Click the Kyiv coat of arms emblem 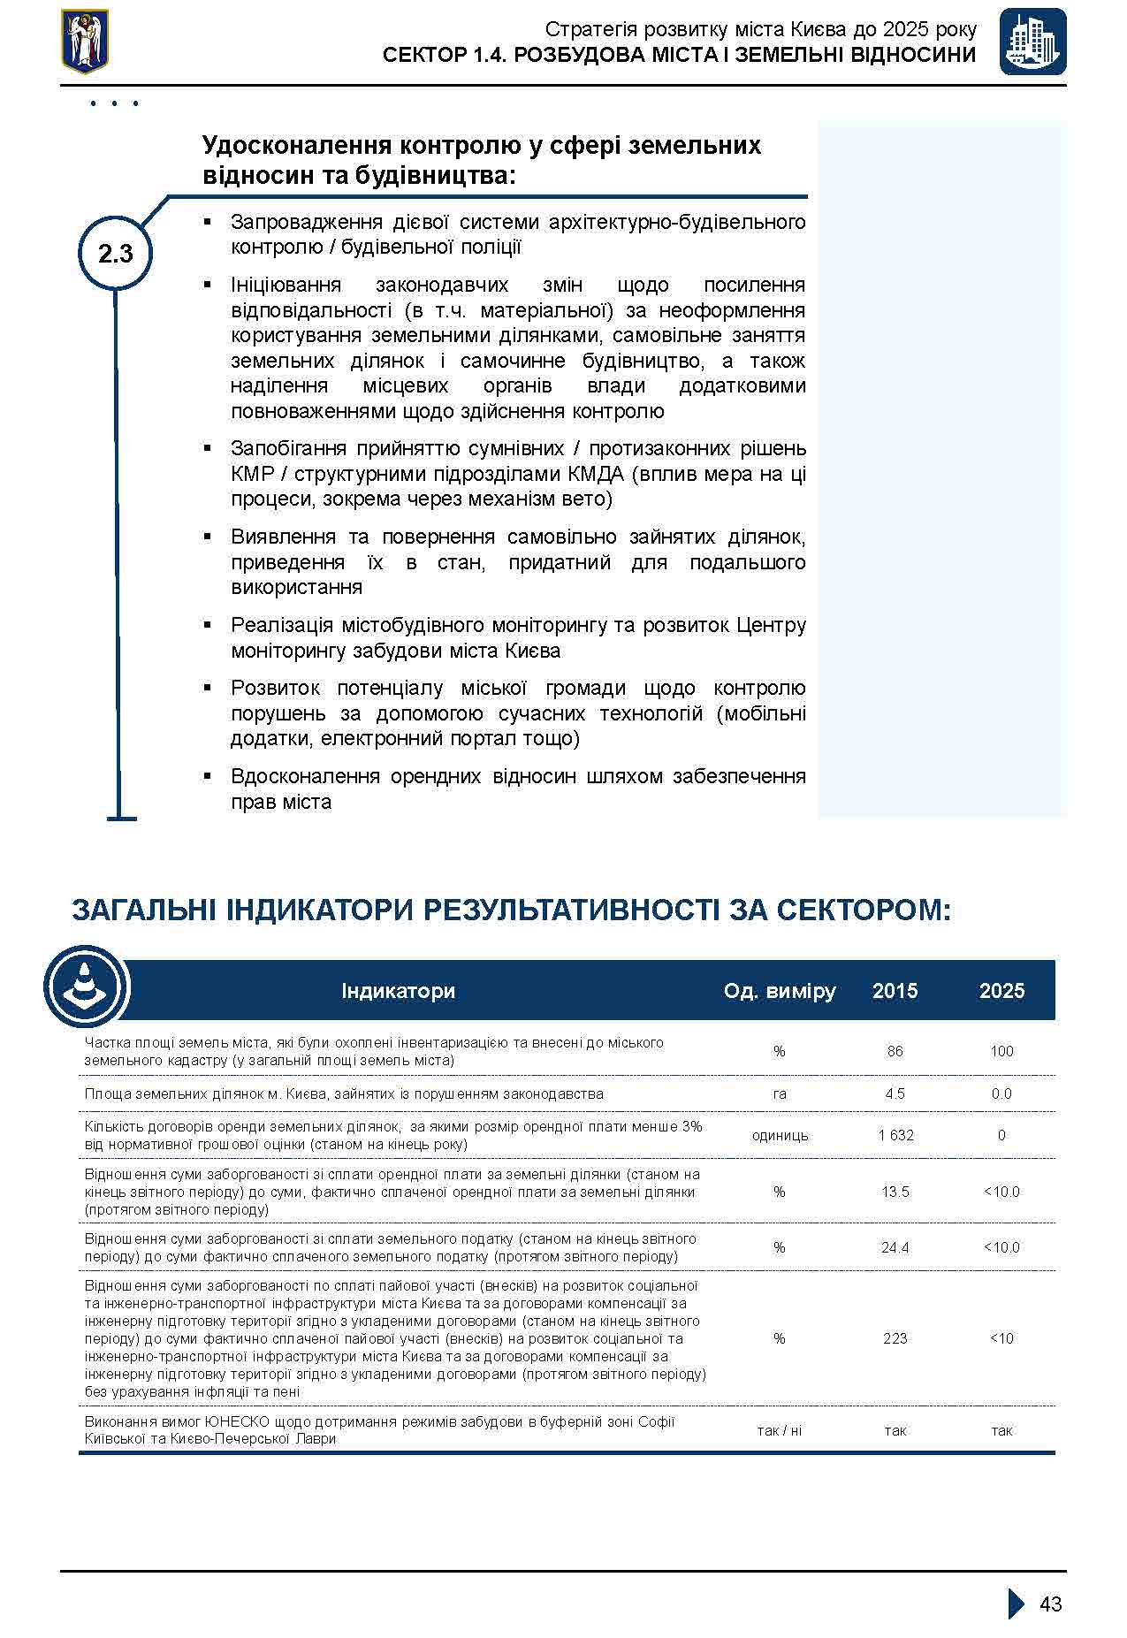pos(85,41)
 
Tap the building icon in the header pos(1032,42)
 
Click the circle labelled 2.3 pos(116,255)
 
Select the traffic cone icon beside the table pos(86,987)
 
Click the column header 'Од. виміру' pos(779,991)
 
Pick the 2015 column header pos(895,991)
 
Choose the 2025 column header pos(1001,991)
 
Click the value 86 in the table pos(895,1051)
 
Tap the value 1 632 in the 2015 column pos(895,1135)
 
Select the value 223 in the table pos(895,1338)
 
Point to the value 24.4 pos(895,1247)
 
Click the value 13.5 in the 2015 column pos(895,1192)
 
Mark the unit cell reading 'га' pos(779,1093)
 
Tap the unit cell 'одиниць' pos(779,1135)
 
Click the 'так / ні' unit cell pos(779,1430)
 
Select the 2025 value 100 pos(1001,1051)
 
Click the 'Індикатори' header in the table pos(398,991)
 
